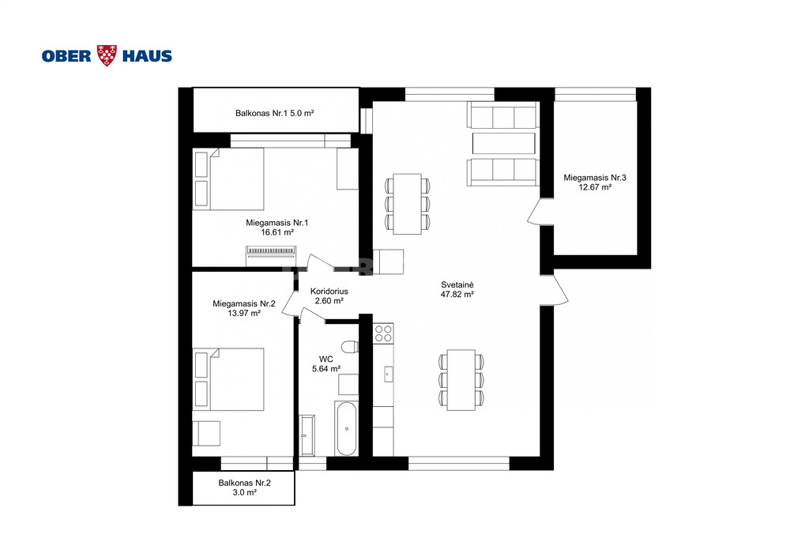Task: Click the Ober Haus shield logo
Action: (x=107, y=55)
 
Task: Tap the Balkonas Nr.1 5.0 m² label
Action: (x=274, y=113)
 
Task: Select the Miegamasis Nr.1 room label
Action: (x=277, y=223)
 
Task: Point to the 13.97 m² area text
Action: (x=244, y=313)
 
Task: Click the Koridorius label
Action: (x=329, y=292)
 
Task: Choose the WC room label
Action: (x=326, y=359)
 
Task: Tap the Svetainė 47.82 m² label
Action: (x=457, y=289)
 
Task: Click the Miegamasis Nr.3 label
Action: (x=595, y=178)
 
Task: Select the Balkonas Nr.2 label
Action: (x=245, y=483)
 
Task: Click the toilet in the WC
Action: (x=350, y=347)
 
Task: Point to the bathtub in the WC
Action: (x=346, y=429)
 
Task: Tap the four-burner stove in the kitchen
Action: (x=383, y=333)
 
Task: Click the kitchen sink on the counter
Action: (x=388, y=374)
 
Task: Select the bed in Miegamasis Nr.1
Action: (x=228, y=179)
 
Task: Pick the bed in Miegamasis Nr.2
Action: (x=228, y=379)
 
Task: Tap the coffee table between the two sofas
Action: (x=503, y=144)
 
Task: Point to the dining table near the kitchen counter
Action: (x=461, y=380)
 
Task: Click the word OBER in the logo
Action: (x=66, y=56)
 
